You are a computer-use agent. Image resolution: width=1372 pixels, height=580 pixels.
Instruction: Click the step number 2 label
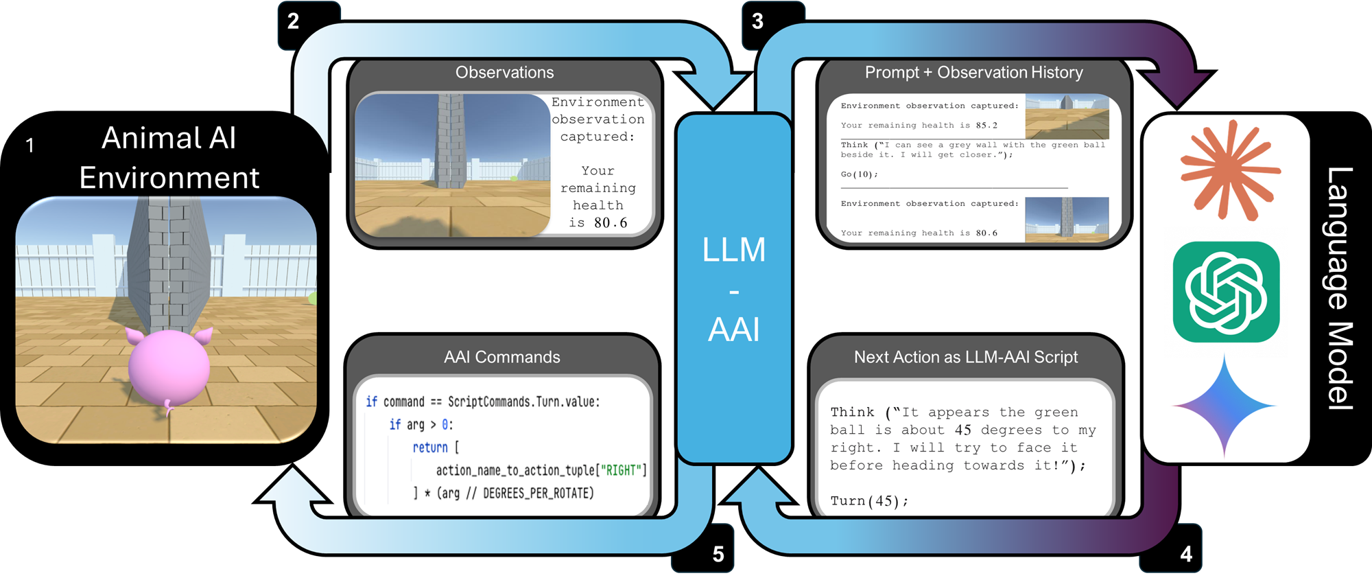pos(293,21)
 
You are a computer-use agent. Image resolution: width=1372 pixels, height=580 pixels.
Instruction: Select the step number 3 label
pos(757,21)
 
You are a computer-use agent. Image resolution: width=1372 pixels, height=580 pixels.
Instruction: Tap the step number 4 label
pos(1186,554)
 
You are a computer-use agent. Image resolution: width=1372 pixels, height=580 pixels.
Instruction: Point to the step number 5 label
pos(718,554)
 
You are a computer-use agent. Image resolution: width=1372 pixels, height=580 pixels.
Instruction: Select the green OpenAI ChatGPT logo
pos(1227,292)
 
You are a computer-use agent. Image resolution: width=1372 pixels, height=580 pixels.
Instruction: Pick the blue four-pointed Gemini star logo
pos(1225,406)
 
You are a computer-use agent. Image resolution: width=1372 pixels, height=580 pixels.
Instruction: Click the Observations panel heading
pos(504,73)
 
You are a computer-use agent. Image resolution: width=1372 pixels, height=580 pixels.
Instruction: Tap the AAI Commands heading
pos(502,357)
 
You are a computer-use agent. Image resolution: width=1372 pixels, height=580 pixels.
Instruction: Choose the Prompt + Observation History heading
pos(973,73)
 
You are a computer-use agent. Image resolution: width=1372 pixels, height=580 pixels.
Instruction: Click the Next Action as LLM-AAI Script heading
pos(966,357)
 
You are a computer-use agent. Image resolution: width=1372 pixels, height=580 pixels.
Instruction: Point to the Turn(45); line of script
pos(869,501)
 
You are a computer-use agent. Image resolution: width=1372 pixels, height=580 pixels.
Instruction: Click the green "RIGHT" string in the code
pos(622,470)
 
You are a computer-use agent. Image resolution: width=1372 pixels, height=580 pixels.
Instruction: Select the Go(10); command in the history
pos(859,174)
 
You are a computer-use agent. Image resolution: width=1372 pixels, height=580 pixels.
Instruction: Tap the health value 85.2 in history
pos(986,126)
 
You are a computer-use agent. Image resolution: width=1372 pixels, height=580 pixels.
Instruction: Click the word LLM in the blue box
pos(733,250)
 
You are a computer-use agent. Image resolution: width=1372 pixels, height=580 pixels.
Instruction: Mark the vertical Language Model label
pos(1339,288)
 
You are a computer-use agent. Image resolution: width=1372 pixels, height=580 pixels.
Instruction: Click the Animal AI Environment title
pos(169,158)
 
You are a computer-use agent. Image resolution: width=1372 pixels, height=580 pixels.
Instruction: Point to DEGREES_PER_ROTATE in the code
pos(538,494)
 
